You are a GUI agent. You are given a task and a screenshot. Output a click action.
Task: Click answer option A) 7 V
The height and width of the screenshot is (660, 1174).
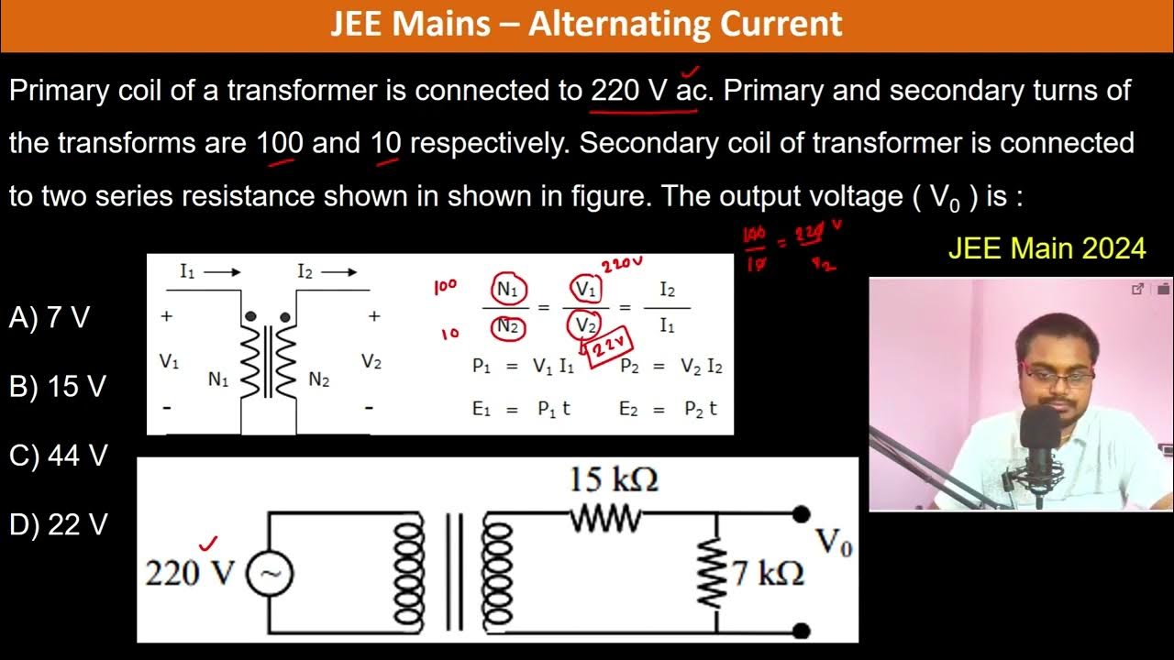tap(50, 318)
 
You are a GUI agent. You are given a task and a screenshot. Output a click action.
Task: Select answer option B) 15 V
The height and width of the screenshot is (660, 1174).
tap(57, 387)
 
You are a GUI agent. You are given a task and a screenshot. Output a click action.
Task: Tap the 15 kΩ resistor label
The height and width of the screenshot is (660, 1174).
tap(613, 478)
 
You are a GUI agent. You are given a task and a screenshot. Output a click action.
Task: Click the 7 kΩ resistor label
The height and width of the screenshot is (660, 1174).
tap(768, 574)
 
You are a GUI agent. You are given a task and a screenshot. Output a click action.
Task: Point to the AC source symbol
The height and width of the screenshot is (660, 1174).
tap(269, 574)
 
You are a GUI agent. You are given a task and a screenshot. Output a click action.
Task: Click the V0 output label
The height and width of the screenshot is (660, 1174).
tap(834, 543)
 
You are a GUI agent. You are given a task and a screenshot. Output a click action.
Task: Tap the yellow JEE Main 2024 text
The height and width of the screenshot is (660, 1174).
tap(1047, 247)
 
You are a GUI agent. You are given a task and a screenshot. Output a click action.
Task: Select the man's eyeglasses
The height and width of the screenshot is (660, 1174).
tap(1058, 376)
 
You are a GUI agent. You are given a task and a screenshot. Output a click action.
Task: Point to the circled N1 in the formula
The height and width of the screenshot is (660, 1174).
tap(507, 290)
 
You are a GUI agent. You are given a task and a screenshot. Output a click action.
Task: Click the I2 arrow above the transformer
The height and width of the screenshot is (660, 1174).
tap(327, 271)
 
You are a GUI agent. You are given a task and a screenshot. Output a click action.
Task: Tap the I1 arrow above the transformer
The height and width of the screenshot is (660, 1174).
tap(210, 271)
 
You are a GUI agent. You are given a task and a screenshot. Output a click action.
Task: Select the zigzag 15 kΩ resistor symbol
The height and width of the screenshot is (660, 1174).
tap(606, 520)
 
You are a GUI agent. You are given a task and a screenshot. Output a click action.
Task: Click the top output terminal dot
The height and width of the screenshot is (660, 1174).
tap(801, 514)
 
